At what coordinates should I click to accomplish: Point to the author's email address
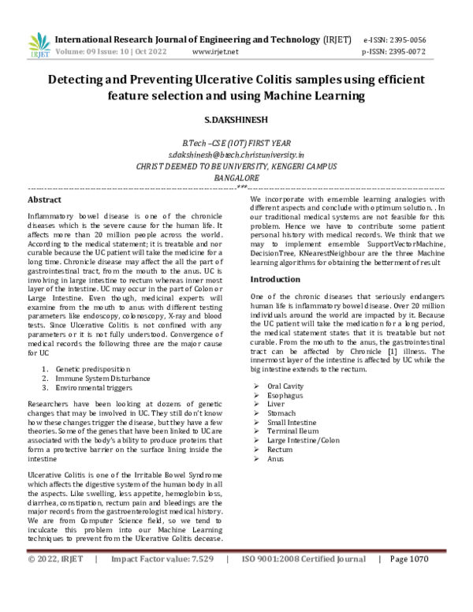tap(236, 156)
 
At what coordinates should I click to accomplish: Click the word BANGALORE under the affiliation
tap(236, 178)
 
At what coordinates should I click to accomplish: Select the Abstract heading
tap(45, 200)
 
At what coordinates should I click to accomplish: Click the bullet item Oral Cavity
tap(288, 385)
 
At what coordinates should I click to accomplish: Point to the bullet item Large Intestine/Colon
tap(304, 440)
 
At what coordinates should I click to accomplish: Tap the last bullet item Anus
tap(275, 458)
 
